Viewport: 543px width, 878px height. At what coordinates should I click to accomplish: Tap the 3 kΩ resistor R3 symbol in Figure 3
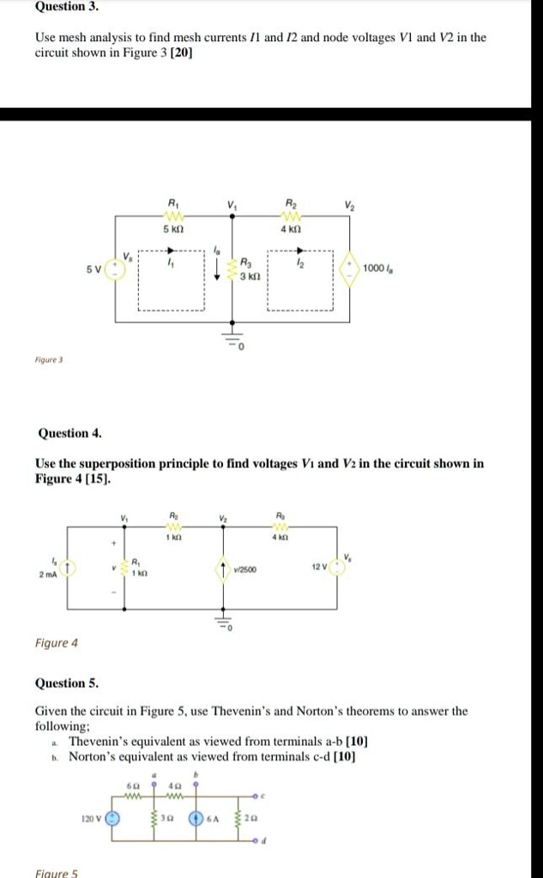230,273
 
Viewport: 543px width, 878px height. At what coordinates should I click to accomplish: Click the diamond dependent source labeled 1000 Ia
349,268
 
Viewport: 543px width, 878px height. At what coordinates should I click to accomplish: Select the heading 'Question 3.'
66,7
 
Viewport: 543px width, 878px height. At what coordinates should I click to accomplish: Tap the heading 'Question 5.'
66,683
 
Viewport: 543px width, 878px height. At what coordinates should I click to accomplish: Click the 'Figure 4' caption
56,642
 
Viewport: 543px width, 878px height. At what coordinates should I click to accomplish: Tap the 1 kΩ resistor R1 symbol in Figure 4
123,568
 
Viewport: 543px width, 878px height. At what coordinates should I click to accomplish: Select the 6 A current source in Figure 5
196,817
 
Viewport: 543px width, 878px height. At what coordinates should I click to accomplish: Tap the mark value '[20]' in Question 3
181,53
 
